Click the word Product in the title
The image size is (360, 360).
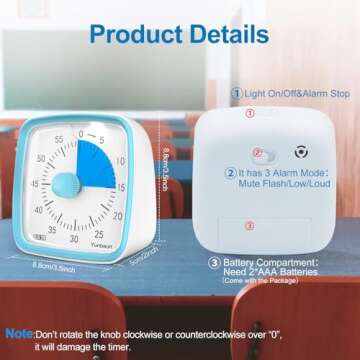click(x=133, y=34)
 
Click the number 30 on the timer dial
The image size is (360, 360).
click(x=74, y=238)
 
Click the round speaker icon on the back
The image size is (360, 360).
click(x=297, y=157)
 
